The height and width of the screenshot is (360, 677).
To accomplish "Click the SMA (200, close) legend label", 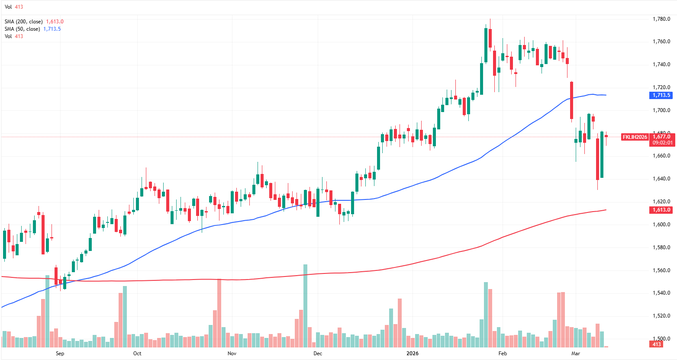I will (x=24, y=22).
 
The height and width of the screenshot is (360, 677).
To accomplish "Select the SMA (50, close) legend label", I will (x=22, y=29).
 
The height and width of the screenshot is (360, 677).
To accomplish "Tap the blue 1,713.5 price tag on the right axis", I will (x=661, y=95).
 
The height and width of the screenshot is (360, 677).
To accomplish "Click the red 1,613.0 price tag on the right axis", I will (x=661, y=210).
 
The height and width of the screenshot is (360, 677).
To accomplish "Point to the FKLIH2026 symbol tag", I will (x=635, y=137).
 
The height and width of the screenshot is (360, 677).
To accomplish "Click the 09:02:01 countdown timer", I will (x=662, y=143).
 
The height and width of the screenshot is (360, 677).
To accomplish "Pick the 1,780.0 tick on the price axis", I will (x=661, y=19).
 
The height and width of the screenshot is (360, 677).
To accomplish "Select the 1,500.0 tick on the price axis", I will (x=661, y=339).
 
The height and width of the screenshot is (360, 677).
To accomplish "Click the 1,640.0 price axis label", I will (x=661, y=179).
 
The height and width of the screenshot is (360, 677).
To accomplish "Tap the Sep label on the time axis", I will (x=60, y=354).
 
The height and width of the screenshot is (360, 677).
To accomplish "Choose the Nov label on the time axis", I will (x=232, y=354).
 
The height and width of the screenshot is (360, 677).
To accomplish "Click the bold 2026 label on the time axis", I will (x=413, y=354).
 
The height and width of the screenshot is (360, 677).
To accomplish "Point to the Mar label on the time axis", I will (x=576, y=354).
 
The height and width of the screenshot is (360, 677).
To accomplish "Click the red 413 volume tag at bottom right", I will (x=657, y=344).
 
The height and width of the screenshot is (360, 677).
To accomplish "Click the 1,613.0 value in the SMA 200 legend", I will (x=55, y=22).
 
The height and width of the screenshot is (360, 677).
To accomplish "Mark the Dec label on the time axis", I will (x=318, y=354).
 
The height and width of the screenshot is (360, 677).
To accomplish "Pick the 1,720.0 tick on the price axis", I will (x=661, y=87).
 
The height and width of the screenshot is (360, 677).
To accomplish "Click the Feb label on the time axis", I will (x=503, y=354).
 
